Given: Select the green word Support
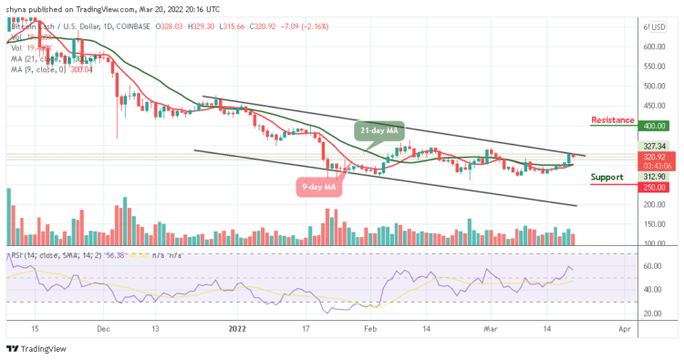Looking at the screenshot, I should [607, 177].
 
